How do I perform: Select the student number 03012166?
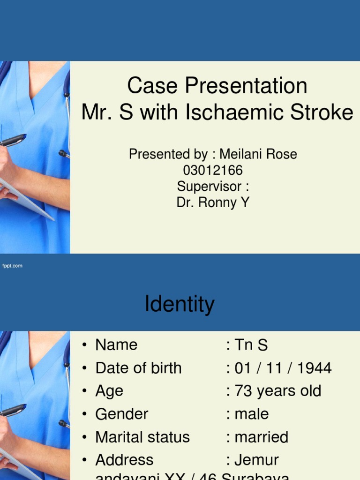(x=213, y=170)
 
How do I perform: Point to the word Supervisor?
(x=209, y=186)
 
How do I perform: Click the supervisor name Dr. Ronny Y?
(x=213, y=202)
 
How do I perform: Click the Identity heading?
(x=180, y=304)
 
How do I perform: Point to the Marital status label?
(x=142, y=437)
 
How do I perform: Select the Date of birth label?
(x=138, y=368)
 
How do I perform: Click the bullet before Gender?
(x=84, y=414)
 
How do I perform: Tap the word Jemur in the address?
(x=256, y=460)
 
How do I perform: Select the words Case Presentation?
(x=217, y=86)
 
